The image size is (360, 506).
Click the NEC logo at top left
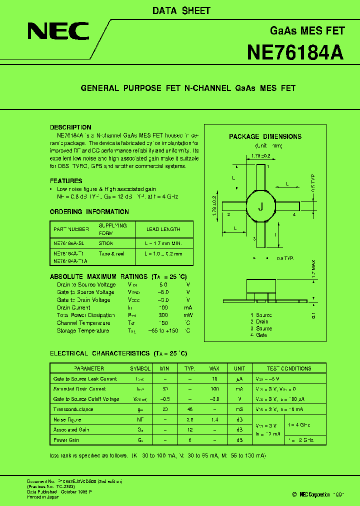[58, 31]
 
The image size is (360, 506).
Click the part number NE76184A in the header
[295, 52]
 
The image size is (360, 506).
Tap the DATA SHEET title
[181, 10]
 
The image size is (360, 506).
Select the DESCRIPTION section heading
[70, 127]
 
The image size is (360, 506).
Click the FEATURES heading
[66, 181]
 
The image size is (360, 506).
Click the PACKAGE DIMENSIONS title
[265, 136]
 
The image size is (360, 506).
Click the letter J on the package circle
[260, 206]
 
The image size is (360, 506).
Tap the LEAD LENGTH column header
[163, 229]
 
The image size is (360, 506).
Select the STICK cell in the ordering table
[106, 243]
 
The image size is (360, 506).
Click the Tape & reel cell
[111, 253]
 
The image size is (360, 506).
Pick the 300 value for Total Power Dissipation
[163, 315]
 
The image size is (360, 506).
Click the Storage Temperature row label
[82, 330]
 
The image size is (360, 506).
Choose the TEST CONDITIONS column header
[289, 368]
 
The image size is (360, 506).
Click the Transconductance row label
[73, 409]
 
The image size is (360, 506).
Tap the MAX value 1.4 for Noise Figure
[214, 419]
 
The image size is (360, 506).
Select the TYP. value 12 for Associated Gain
[190, 429]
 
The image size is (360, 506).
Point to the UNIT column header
[239, 368]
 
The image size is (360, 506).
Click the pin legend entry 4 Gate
[259, 335]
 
